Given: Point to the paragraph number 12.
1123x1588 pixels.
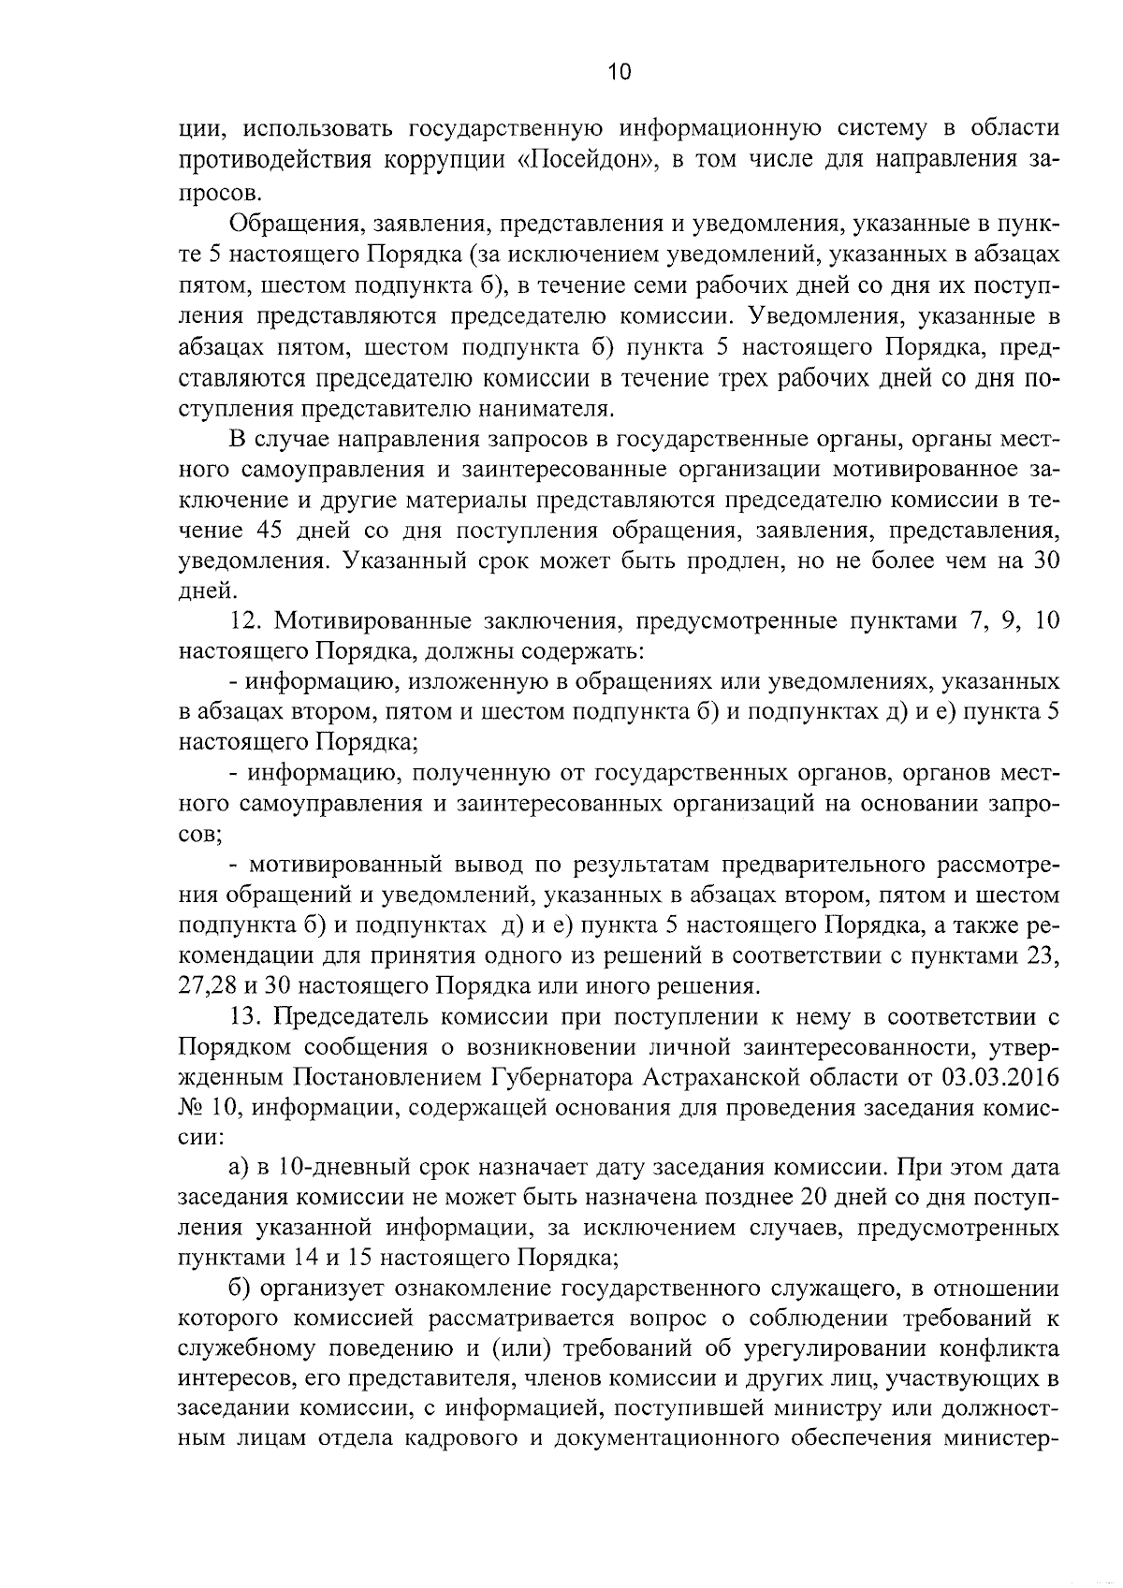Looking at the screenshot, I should coord(245,621).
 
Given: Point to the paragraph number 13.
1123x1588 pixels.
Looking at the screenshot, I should coord(245,1016).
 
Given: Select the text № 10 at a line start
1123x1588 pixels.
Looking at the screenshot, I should coord(203,1108).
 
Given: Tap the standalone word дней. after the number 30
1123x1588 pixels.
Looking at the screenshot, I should coord(204,590).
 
